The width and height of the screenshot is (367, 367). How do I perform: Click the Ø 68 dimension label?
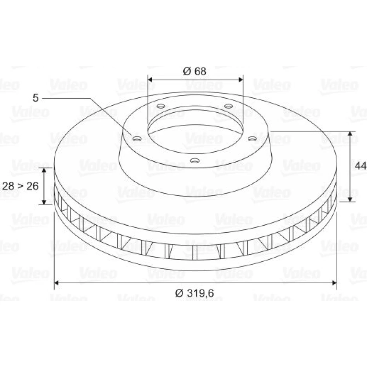(x=195, y=71)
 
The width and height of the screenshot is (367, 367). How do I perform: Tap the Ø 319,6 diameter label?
(x=195, y=293)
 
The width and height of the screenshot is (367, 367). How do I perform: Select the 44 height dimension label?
(x=360, y=166)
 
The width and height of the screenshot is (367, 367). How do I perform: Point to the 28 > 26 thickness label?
(x=20, y=186)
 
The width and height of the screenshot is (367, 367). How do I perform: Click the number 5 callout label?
(x=36, y=98)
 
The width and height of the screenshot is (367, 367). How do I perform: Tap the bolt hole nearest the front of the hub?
(x=195, y=161)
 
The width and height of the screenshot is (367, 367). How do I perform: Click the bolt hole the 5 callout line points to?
(x=137, y=139)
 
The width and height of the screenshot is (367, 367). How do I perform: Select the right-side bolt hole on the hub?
(x=252, y=139)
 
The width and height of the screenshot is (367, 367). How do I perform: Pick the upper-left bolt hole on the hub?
(x=161, y=106)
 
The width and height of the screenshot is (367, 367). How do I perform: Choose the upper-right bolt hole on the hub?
(x=229, y=106)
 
